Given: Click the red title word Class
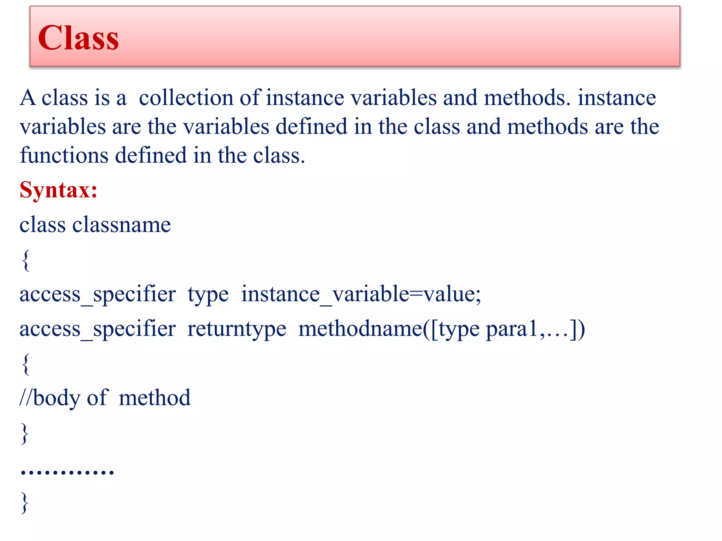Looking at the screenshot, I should click(78, 38).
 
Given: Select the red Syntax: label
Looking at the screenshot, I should click(59, 190).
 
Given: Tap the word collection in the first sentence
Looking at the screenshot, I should click(186, 98).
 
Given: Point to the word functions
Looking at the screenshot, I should click(64, 155).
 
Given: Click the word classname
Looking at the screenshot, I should click(122, 225).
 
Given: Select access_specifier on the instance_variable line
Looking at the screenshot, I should click(97, 294).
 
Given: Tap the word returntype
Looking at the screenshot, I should click(237, 329).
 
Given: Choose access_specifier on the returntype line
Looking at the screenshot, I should click(97, 329).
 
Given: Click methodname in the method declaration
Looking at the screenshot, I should click(360, 329).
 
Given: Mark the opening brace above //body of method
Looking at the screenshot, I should click(26, 364).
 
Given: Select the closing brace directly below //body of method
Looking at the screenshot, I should click(25, 433).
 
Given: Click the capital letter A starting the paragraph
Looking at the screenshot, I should click(28, 98).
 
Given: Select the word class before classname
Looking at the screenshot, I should click(42, 225).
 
